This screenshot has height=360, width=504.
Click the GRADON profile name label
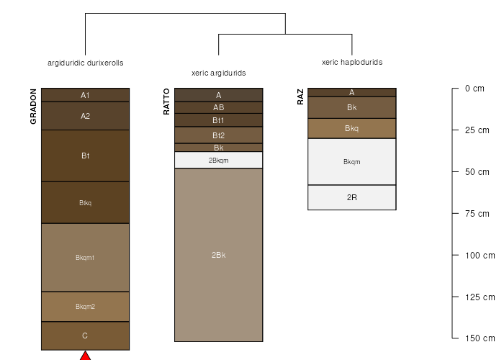coord(33,107)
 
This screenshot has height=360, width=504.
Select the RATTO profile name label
coord(166,102)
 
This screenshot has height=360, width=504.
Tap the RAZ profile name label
coord(300,97)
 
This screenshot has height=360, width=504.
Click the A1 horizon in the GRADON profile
coord(85,95)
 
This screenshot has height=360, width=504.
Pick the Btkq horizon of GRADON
coord(85,202)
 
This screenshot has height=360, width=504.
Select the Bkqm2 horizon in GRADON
coord(85,306)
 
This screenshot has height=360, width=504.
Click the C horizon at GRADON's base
coord(85,336)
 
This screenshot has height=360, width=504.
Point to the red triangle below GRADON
coord(85,356)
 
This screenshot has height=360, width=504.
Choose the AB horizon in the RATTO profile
coord(219,107)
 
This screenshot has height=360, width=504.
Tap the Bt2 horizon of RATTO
coord(219,135)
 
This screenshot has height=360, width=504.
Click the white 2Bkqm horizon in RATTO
coord(219,160)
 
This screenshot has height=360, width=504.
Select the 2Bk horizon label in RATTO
coord(219,255)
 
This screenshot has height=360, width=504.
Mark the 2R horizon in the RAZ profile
coord(352,197)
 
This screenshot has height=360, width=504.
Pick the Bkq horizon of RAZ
coord(352,128)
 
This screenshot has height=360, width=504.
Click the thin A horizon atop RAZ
coord(352,92)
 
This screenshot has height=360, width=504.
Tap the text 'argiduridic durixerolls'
coord(86,63)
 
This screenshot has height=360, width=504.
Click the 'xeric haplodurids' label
coord(352,62)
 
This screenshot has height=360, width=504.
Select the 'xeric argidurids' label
coord(219,73)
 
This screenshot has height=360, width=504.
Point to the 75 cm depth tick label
coord(477,213)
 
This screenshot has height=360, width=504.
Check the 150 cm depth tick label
coord(480,338)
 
